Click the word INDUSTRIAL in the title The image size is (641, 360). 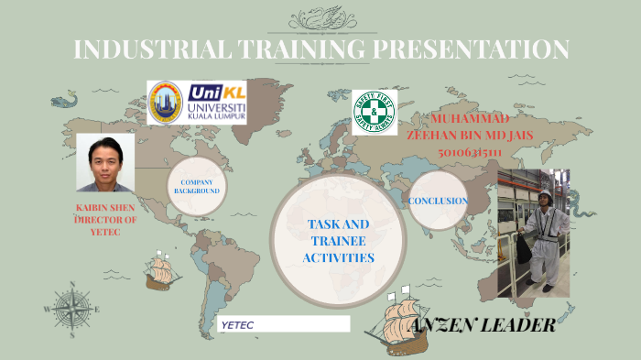point(129,49)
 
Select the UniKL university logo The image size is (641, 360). point(196,102)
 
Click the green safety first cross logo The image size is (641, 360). point(374,113)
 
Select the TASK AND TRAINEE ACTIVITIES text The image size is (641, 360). point(338,241)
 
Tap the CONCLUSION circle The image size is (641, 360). point(438,201)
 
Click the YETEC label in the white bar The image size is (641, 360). point(238,324)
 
